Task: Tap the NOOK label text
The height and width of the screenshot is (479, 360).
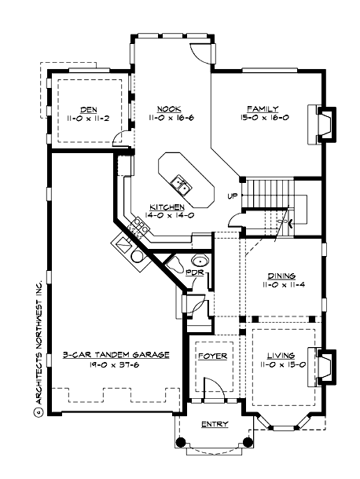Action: coord(164,109)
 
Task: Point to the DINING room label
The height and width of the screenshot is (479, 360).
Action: coord(281,276)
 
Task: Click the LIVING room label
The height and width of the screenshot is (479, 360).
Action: coord(281,355)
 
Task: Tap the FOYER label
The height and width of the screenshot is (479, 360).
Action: coord(210,355)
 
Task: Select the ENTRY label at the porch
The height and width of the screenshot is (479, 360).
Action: coord(215,425)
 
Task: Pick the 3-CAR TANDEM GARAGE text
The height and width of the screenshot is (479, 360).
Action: coord(116,355)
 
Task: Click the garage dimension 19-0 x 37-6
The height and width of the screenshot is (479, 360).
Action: coord(116,364)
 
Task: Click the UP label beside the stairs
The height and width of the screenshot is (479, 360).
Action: coord(233,196)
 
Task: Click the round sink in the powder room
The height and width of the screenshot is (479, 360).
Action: coord(199,261)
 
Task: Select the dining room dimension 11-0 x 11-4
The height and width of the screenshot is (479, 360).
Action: coord(281,285)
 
